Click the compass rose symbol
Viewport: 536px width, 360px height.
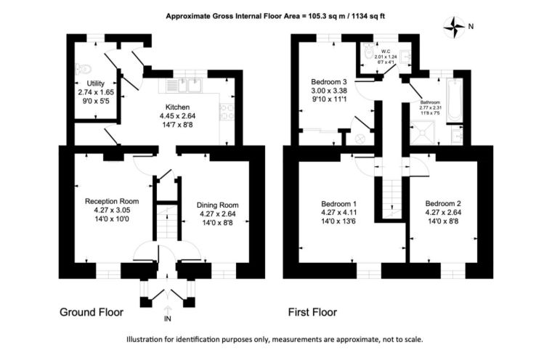[454, 27]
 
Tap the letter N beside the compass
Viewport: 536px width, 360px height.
[471, 26]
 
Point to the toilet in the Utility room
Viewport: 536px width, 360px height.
[83, 70]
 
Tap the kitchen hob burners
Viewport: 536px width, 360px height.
[227, 112]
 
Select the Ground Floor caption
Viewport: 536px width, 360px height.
[92, 312]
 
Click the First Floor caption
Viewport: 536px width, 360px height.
[312, 312]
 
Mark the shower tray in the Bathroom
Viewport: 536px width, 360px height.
[423, 132]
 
